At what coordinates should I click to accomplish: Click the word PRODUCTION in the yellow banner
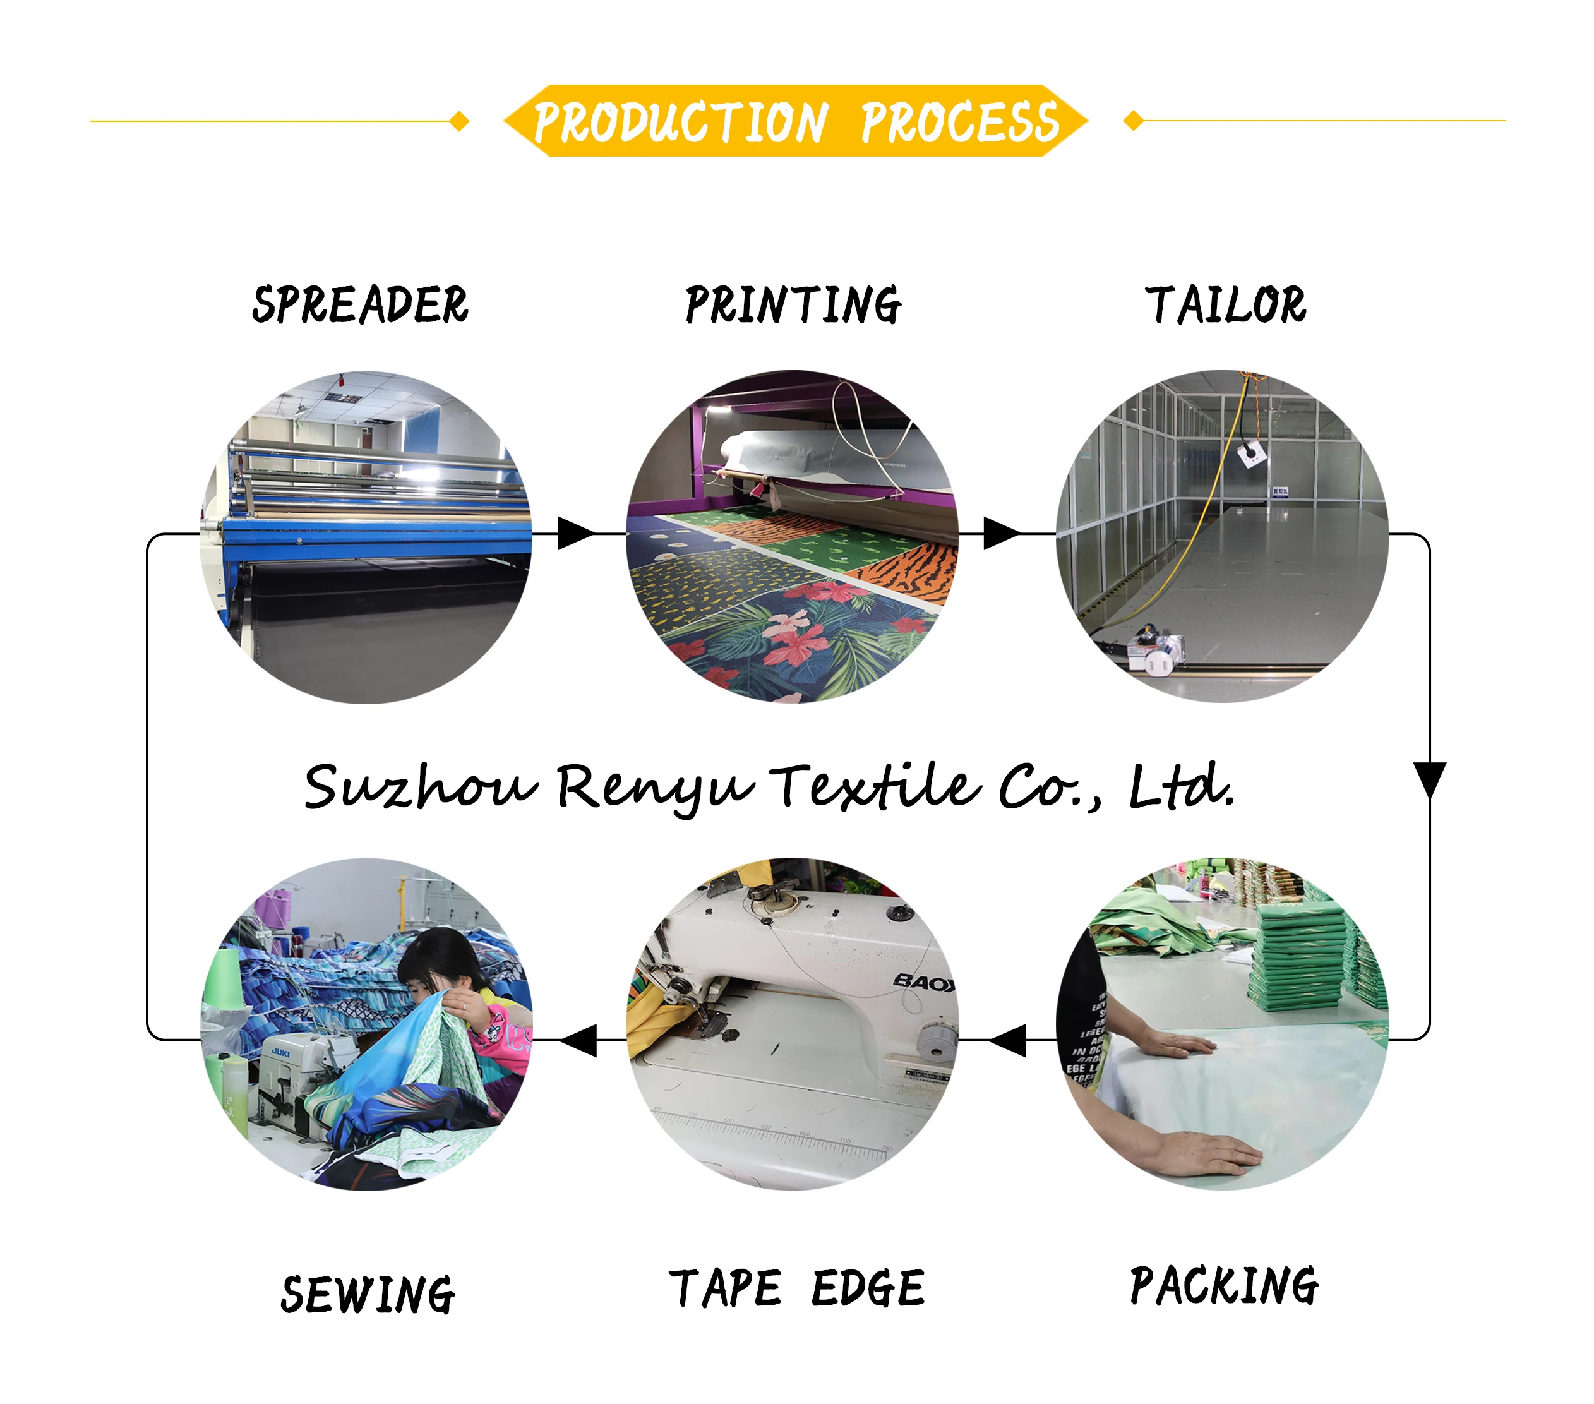(x=680, y=123)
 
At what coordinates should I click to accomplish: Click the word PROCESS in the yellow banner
(x=959, y=123)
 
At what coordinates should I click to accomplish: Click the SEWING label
(x=368, y=1295)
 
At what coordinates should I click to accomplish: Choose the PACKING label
(x=1225, y=1287)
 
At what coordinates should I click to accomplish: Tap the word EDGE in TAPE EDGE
(x=867, y=1288)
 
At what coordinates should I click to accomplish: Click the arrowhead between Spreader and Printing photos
(x=575, y=534)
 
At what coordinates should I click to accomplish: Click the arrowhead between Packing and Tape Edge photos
(x=1009, y=1040)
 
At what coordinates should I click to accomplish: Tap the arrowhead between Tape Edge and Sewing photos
(x=579, y=1040)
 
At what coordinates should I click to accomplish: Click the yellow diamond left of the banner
(x=460, y=121)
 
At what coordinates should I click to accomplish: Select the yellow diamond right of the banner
(x=1133, y=121)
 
